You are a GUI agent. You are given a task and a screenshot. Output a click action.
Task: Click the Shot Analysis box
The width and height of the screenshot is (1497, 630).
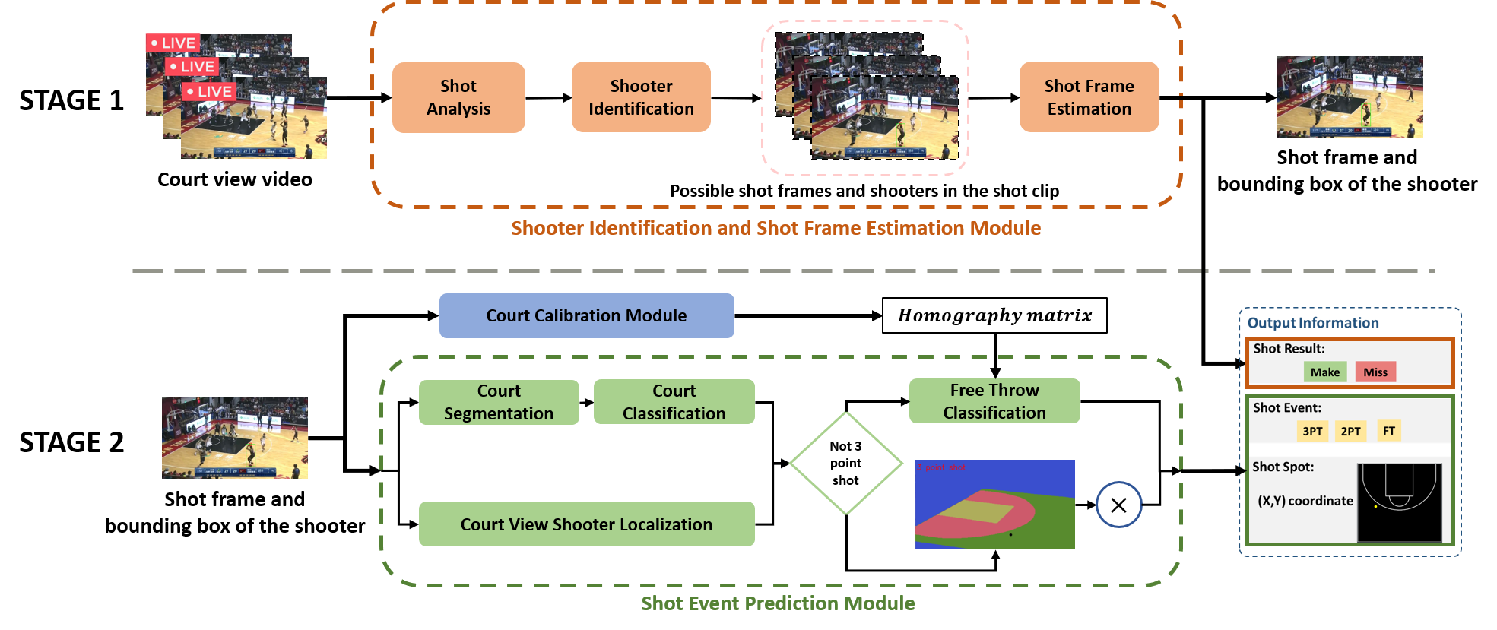point(458,97)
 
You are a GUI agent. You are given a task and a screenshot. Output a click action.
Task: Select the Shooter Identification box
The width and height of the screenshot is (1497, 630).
point(641,97)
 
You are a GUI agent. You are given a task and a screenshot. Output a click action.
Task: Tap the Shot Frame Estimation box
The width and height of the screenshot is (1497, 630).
point(1089,97)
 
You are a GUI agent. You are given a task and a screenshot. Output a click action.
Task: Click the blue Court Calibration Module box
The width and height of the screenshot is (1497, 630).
point(586,315)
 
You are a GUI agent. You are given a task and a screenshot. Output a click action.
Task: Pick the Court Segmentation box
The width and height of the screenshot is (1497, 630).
point(499,402)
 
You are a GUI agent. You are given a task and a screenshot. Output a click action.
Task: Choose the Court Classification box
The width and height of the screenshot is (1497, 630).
point(674,402)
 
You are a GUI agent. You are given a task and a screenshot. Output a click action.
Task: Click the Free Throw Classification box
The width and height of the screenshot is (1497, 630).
point(994,401)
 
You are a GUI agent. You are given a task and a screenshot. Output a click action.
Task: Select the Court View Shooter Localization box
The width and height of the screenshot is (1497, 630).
point(586,524)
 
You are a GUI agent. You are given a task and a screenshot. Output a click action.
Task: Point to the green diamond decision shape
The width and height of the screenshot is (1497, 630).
point(846,463)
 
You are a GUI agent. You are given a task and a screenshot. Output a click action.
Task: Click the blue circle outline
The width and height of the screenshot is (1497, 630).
point(1118,505)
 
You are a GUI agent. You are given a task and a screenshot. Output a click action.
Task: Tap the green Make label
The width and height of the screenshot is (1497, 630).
point(1325,372)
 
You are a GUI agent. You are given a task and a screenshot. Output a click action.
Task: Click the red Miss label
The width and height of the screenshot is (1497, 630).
point(1375,372)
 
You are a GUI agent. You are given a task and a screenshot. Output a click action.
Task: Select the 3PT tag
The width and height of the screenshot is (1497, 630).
point(1312,431)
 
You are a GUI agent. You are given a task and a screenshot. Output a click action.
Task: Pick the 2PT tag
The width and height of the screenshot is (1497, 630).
point(1350,431)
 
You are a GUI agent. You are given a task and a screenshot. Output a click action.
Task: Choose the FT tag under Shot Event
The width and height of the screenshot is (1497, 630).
point(1389,431)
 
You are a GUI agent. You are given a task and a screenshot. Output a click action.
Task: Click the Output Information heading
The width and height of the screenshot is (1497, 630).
point(1313,323)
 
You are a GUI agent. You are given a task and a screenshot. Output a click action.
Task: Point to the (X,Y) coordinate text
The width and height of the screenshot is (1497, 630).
point(1305,501)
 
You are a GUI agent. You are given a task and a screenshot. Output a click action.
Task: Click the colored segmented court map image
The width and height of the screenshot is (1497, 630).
point(994,505)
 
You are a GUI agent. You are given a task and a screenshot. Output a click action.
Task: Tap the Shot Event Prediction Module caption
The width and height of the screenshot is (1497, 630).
point(778,603)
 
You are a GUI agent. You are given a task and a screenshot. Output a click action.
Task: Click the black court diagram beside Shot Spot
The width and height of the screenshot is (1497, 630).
point(1399,502)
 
